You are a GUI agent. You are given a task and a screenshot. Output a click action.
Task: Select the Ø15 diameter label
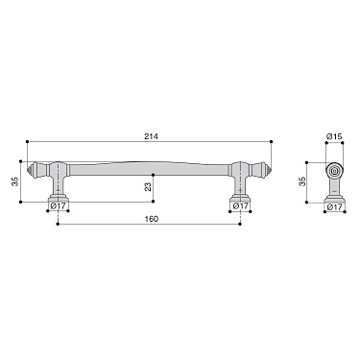(x=334, y=136)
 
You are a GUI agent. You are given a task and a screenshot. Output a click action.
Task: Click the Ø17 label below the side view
(x=334, y=206)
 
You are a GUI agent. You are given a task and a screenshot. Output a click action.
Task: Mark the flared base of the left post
(x=59, y=198)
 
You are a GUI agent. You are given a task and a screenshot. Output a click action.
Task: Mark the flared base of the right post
(x=240, y=198)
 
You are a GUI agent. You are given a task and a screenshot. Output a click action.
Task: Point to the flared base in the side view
(x=334, y=197)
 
